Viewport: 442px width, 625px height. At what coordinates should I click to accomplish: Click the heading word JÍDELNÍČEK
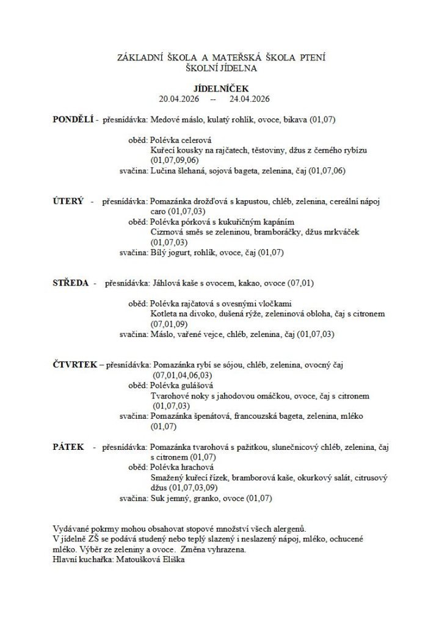221,89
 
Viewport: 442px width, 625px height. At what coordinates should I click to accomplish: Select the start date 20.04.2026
179,98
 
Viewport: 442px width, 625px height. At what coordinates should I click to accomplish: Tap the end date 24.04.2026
250,98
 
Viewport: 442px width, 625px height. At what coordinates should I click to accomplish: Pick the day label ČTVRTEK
75,364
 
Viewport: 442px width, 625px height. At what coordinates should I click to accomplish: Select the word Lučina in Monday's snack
163,171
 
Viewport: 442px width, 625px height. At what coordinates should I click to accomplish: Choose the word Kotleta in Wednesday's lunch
165,314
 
